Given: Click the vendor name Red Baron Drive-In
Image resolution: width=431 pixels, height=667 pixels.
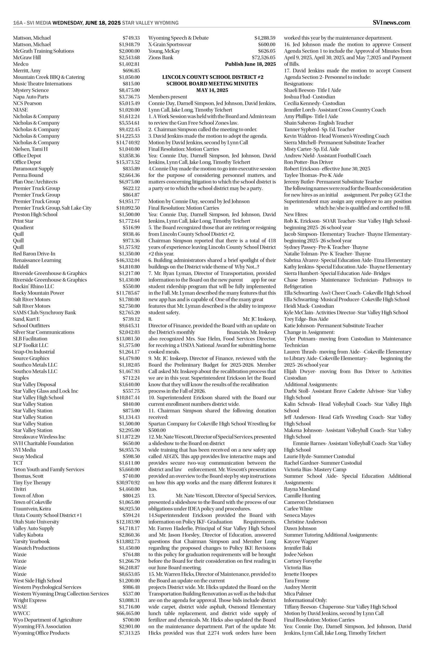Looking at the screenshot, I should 34,254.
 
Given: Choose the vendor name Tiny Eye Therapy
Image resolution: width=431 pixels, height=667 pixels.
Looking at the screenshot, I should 32,482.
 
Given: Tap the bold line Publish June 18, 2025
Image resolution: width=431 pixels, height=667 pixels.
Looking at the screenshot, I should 250,64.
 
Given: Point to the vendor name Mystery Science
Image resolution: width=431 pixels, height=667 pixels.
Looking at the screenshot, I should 31,90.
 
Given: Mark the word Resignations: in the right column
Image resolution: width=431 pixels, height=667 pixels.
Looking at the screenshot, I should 299,84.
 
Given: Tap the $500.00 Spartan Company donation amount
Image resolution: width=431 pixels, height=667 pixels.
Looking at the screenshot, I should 157,430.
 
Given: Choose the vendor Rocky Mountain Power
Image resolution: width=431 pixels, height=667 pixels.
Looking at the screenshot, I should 39,293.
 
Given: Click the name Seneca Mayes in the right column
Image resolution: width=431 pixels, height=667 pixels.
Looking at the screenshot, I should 300,515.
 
